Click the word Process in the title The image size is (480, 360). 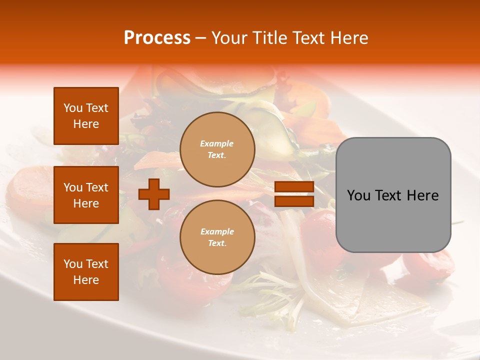tap(157, 38)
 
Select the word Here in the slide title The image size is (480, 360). tap(348, 38)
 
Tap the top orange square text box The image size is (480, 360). tap(86, 116)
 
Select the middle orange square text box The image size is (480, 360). tap(86, 195)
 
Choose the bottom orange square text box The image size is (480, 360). tap(86, 272)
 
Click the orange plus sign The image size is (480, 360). tap(154, 194)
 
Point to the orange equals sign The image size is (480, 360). tap(294, 194)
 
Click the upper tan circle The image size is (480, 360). tap(217, 149)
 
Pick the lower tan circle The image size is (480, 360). tap(217, 237)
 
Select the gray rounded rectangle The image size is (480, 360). tap(393, 195)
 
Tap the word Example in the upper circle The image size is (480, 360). tap(216, 143)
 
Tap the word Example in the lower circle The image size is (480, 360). tap(217, 231)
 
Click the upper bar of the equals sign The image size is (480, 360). tap(294, 187)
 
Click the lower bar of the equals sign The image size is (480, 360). tap(294, 201)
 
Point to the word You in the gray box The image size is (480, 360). tap(358, 195)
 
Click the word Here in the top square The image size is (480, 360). tap(86, 124)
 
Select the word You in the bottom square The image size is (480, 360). tap(73, 264)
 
